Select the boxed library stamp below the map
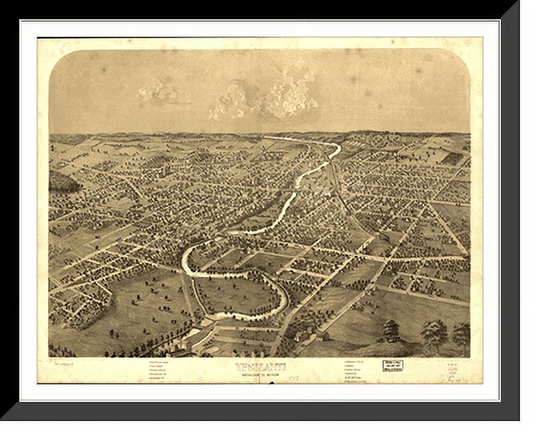click(x=392, y=365)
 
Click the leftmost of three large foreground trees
click(x=391, y=330)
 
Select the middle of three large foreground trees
click(x=434, y=332)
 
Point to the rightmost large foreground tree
click(x=461, y=334)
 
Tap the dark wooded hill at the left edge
click(x=64, y=181)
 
